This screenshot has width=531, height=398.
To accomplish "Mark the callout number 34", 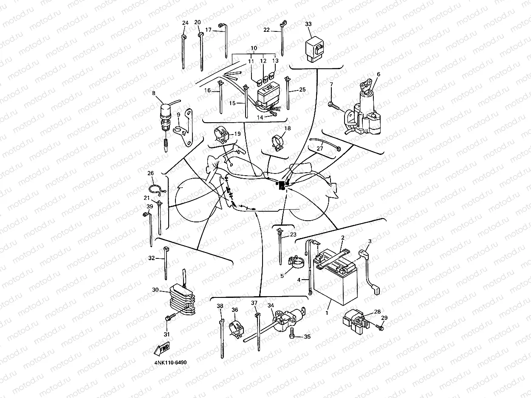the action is (x=271, y=306).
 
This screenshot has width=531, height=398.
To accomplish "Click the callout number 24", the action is (x=185, y=22).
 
